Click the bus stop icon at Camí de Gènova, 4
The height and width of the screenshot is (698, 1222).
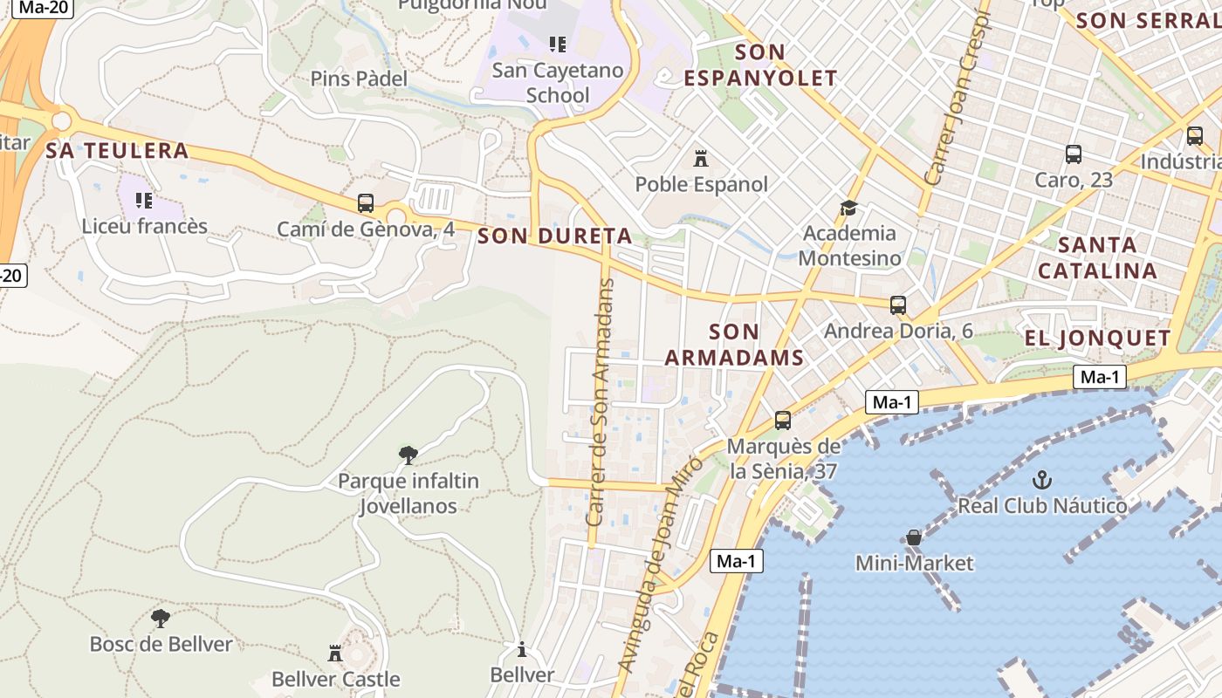coord(366,203)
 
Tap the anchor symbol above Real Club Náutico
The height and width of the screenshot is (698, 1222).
coord(1041,479)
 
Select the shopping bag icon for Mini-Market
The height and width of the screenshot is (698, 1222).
coord(914,537)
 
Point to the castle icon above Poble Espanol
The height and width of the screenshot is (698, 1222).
coord(700,159)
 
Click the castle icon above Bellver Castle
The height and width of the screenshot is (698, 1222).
coord(334,653)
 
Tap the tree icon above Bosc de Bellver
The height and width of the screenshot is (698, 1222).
coord(161,619)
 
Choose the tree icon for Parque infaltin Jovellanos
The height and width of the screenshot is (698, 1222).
coord(408,455)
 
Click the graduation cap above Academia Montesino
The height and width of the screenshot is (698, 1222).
coord(848,208)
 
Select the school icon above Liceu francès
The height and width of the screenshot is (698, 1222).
coord(144,201)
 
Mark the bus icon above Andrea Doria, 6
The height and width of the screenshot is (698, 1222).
coord(898,305)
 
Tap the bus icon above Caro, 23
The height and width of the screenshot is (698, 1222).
coord(1074,154)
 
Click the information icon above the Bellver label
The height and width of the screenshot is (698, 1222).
coord(522,649)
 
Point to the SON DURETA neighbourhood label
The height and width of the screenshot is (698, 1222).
coord(555,236)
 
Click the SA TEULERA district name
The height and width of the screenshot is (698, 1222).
coord(117,150)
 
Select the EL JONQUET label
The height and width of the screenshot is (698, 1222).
coord(1097,339)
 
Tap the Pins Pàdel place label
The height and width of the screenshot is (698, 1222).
coord(359,79)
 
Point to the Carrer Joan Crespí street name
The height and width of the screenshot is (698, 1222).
coord(958,96)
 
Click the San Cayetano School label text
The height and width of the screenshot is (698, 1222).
coord(558,82)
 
